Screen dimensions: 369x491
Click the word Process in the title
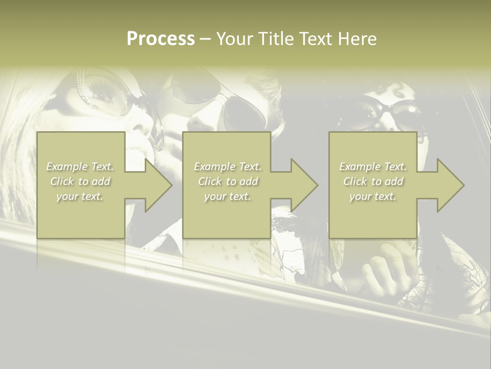click(x=161, y=39)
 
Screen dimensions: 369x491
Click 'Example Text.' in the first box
click(x=80, y=167)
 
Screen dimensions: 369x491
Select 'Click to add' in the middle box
click(x=228, y=181)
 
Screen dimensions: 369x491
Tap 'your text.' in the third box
click(x=373, y=196)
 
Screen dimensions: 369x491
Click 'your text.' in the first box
click(x=80, y=196)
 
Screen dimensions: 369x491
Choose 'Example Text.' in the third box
click(x=373, y=167)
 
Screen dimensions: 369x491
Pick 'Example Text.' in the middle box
click(x=228, y=167)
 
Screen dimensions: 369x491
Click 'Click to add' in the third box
click(x=373, y=181)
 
